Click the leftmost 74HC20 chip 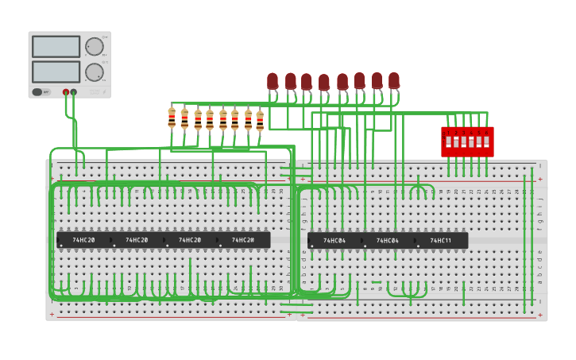[83, 239]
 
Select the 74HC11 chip [441, 240]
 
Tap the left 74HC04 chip [334, 240]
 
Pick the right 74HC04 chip [388, 240]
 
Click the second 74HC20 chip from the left [137, 239]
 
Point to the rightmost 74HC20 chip [243, 239]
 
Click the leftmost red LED [273, 81]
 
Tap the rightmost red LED [394, 80]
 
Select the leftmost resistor [172, 118]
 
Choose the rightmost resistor [260, 120]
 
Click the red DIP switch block [467, 141]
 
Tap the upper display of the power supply [56, 47]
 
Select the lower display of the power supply [56, 72]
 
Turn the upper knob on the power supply [94, 47]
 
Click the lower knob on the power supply [94, 72]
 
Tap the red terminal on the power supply [66, 92]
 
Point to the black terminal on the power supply [74, 92]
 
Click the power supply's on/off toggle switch [37, 92]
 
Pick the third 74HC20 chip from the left [190, 239]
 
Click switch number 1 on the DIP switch [449, 142]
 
